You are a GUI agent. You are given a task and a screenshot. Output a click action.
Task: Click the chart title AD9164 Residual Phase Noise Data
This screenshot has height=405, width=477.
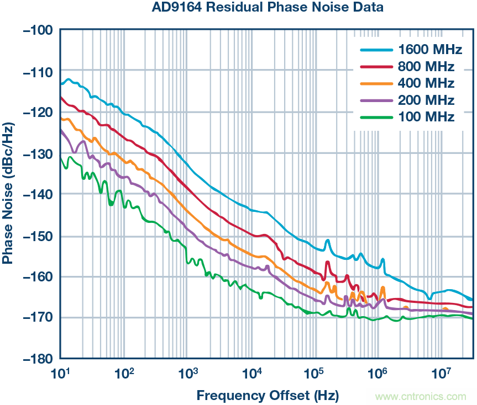point(268,8)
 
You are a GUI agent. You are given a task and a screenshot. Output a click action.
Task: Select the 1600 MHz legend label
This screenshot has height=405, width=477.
point(430,50)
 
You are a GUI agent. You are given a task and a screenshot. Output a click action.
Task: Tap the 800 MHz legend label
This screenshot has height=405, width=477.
point(426,67)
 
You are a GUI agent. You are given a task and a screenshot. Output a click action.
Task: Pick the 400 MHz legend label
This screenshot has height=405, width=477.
point(426,83)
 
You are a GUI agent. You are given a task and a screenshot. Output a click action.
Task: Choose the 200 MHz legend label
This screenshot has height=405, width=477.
point(426,100)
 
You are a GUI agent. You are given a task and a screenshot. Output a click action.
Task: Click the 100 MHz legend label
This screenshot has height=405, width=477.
point(426,117)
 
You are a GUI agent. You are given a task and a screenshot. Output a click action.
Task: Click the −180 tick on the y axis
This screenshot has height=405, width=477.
point(36,358)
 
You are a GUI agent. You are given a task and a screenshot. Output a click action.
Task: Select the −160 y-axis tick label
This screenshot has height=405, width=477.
point(36,276)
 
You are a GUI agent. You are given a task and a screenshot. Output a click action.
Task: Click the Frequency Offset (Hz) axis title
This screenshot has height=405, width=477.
point(268,395)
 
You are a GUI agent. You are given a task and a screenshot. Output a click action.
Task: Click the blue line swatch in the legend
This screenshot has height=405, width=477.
point(375,50)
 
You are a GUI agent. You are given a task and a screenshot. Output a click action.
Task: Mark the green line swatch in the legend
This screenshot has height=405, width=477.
point(375,117)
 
